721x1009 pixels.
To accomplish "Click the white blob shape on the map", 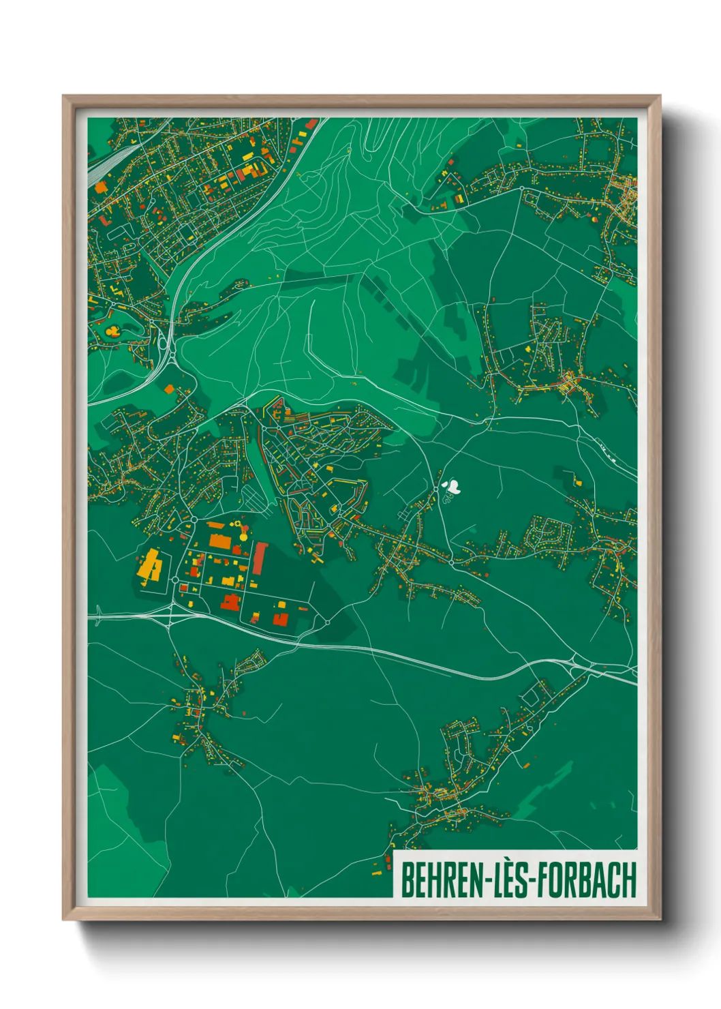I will coord(451,487).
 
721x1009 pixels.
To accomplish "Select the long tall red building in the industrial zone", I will coord(260,558).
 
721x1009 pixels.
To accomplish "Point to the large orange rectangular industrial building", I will coord(219,541).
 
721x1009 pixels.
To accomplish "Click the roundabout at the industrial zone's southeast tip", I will coord(327,622).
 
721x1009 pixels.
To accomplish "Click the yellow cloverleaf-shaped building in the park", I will coord(112,332).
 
